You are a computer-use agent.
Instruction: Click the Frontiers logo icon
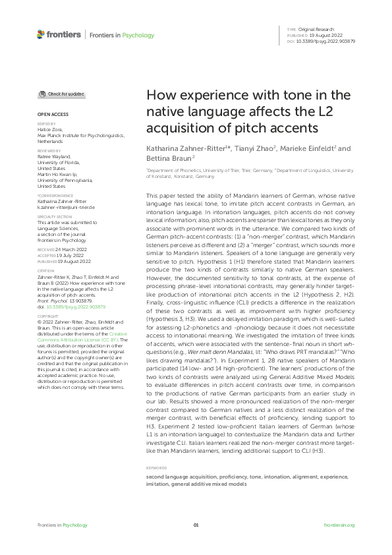point(41,34)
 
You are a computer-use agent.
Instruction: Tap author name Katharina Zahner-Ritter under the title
point(186,149)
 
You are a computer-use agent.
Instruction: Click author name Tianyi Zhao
point(254,149)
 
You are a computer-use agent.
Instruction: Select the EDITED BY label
point(46,123)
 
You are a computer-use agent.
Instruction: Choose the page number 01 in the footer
point(196,525)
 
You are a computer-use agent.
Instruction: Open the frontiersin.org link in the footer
point(339,525)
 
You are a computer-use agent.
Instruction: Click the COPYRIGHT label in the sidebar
point(47,316)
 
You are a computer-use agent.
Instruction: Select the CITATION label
point(46,270)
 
